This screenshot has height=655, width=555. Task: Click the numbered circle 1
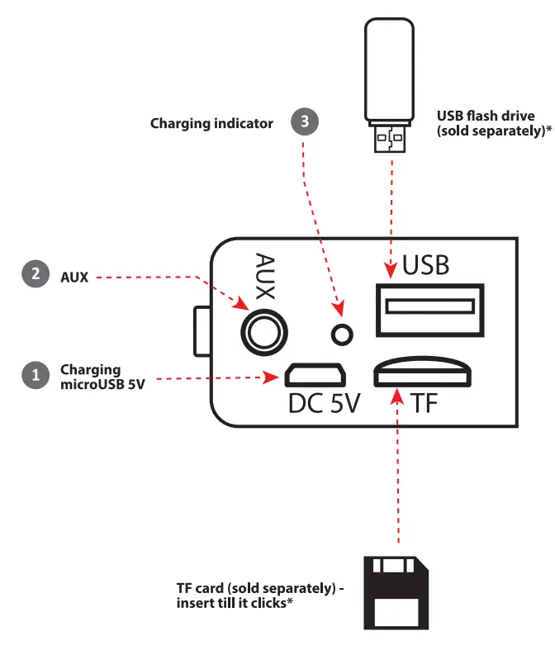coord(35,375)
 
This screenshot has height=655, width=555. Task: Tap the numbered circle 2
coord(35,275)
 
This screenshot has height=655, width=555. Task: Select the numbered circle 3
coord(305,122)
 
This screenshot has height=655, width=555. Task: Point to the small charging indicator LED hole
coord(341,334)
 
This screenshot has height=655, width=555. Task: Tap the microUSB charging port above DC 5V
coord(315,376)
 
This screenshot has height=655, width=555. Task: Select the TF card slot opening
coord(423,375)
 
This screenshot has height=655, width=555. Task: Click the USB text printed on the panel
coord(425,265)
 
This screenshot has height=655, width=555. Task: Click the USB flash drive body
coord(388,70)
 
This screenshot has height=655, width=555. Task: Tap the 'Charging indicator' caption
coord(211,123)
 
